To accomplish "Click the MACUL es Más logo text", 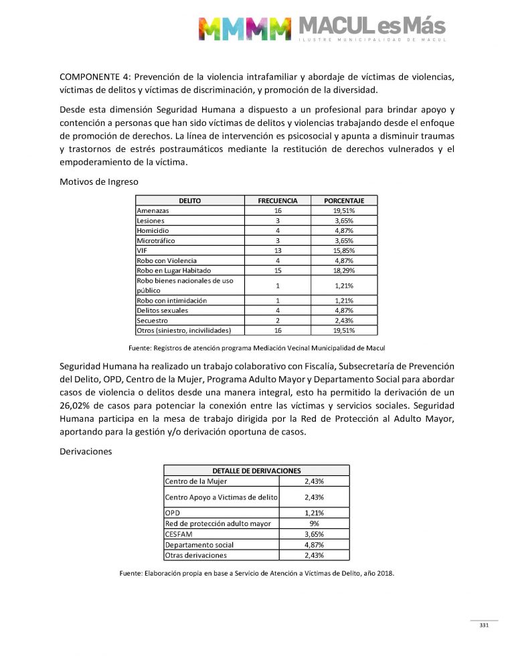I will point(371,27).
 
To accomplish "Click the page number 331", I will point(484,625).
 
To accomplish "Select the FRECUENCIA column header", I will point(278,200).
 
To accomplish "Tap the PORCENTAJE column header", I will point(343,200).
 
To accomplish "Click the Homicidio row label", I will point(153,230).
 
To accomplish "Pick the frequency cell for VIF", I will point(277,250).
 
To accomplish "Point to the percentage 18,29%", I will point(343,270).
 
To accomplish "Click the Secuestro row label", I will point(153,321).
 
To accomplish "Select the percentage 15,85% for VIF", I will point(343,250).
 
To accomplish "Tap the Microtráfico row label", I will point(156,240).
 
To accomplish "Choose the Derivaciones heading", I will point(86,452).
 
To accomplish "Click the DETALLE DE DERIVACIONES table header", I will point(256,471).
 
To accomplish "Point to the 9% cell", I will point(314,523).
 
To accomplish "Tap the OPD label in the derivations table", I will point(173,513).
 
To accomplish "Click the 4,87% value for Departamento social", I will point(314,545).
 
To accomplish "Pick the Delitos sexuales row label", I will point(162,311).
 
